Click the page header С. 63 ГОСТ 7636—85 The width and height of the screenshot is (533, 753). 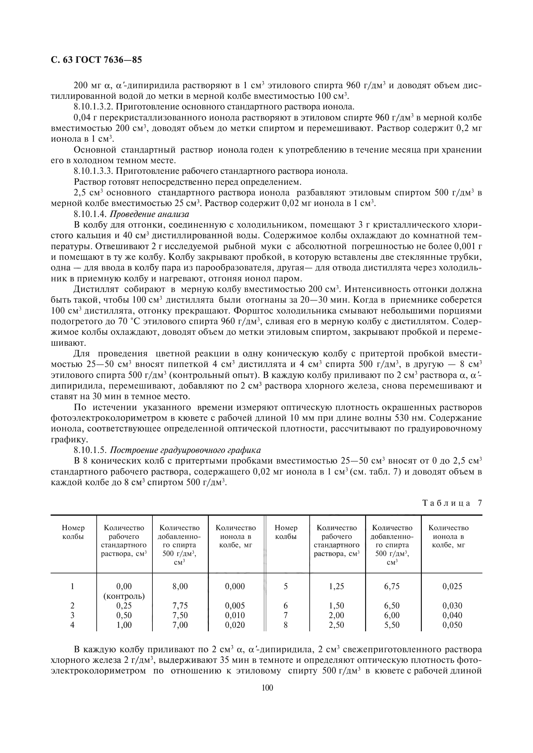96,60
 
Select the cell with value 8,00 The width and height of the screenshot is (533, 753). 180,586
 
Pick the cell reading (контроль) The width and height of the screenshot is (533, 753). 124,596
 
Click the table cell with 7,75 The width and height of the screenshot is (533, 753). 180,606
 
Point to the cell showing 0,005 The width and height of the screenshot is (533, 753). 235,606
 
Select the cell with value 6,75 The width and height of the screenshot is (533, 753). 392,586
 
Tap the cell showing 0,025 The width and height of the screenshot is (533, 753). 452,586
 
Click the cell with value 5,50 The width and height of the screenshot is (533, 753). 392,625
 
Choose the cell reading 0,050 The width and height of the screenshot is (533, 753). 452,625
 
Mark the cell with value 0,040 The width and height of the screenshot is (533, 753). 452,615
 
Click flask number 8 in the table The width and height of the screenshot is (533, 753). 286,625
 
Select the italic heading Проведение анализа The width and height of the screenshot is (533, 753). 149,214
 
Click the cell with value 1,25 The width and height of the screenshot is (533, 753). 336,586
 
